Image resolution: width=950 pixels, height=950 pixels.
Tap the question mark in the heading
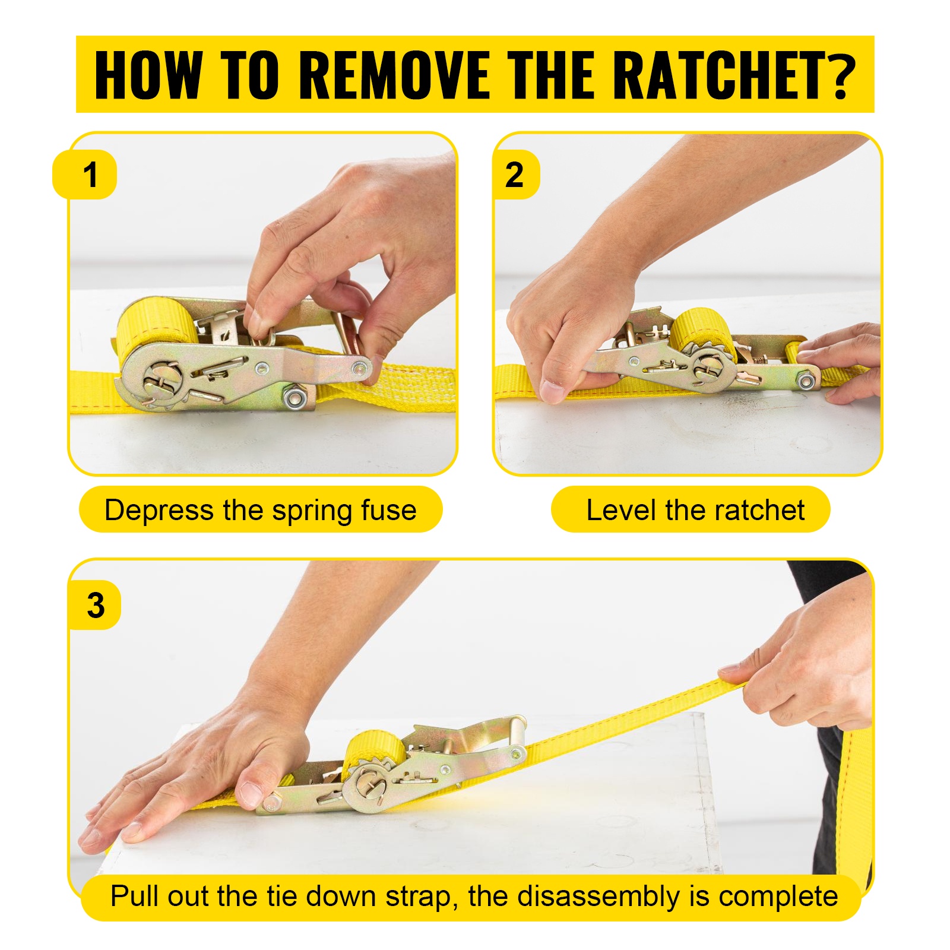[842, 75]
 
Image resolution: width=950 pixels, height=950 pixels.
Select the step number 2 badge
[515, 175]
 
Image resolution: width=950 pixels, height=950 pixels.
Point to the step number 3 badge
[95, 605]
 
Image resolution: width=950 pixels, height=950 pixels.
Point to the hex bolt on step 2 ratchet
[806, 379]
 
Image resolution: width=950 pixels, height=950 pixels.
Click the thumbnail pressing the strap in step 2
[553, 390]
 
